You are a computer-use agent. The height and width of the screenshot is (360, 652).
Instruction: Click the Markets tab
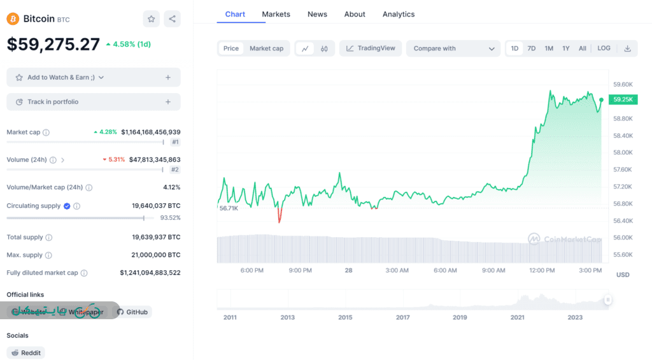276,14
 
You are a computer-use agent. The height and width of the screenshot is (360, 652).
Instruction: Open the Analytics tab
399,14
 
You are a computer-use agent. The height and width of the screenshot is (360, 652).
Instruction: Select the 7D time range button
532,48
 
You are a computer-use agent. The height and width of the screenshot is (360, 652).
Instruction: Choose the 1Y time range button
566,48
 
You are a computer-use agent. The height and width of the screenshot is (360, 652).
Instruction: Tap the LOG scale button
604,48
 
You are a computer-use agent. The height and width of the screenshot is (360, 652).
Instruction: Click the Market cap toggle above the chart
266,48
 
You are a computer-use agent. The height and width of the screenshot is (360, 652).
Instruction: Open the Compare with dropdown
453,48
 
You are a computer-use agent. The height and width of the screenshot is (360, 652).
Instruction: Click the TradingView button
371,48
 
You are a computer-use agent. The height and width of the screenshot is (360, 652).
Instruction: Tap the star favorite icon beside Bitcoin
152,19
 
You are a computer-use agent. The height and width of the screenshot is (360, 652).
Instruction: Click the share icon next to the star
172,19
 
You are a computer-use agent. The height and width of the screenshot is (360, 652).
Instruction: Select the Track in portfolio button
94,102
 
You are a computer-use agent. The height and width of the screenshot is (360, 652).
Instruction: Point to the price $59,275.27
53,44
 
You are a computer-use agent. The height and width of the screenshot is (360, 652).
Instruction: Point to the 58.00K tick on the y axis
623,153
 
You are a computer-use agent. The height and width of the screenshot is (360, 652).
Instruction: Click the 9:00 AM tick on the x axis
493,270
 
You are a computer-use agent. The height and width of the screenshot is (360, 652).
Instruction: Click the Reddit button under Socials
26,352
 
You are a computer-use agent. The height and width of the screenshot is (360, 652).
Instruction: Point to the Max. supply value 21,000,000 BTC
156,255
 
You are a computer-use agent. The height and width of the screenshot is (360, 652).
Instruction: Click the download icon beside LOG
627,48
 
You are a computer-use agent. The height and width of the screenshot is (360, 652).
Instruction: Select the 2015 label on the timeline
345,317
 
